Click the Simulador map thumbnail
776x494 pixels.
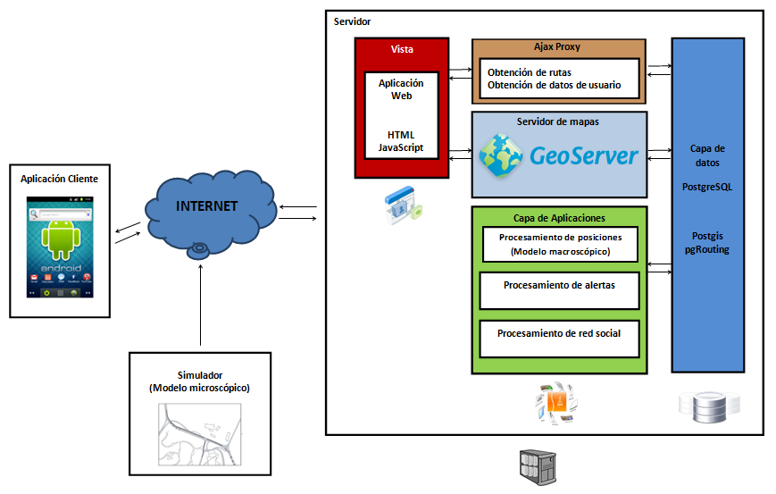coord(199,435)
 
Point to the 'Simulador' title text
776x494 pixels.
coord(199,375)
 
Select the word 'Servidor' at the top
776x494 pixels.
coord(352,21)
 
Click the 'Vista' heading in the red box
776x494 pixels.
coord(402,48)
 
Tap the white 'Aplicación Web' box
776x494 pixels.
coord(401,115)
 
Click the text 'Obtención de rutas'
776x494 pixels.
coord(530,72)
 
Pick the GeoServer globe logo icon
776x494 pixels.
coord(501,155)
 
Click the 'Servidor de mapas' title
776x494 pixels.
coord(557,121)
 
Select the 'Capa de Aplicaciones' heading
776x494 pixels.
coord(559,218)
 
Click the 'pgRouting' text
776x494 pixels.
coord(706,250)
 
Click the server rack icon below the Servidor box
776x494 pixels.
coord(534,465)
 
